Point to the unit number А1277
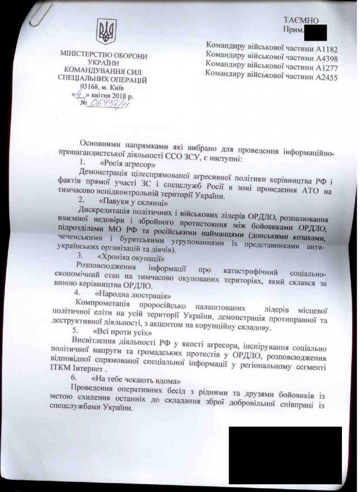pyautogui.click(x=325, y=66)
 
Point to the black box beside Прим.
pyautogui.click(x=315, y=32)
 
